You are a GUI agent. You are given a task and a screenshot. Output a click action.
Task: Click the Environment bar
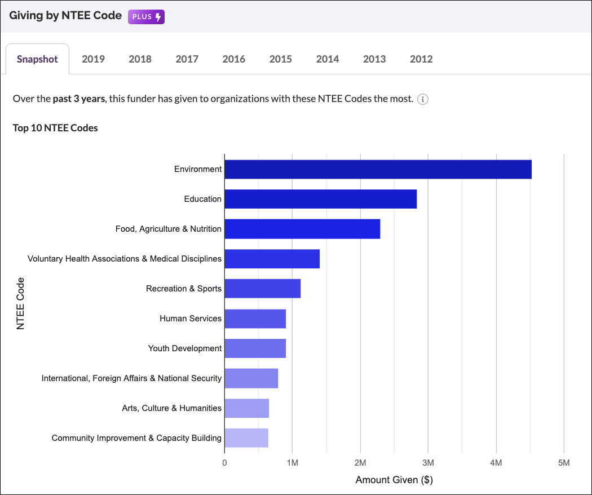378,169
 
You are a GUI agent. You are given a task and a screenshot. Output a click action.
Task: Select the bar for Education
320,199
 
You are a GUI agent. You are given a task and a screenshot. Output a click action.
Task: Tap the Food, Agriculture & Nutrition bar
302,229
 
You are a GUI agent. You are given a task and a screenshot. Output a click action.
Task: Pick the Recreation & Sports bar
262,289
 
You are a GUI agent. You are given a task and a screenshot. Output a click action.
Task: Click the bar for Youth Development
255,348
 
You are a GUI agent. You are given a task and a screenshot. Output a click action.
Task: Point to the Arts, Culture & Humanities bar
246,408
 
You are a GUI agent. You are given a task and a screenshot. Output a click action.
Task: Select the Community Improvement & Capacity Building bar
246,438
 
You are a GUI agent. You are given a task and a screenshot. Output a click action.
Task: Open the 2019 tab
93,59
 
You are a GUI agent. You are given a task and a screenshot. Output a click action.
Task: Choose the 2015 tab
280,59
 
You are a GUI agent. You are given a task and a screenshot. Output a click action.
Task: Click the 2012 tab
421,59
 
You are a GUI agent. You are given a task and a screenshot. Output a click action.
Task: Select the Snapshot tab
37,59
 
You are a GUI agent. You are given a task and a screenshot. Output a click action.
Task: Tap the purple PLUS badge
146,17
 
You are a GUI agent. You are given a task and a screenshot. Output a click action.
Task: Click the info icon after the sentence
423,100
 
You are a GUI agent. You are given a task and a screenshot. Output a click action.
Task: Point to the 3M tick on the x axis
428,463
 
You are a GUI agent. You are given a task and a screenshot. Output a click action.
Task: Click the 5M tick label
563,463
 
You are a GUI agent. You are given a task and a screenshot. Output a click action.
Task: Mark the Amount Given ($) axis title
394,480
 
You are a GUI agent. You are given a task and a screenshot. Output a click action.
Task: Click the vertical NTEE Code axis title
20,303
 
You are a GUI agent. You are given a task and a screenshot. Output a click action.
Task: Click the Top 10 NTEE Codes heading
55,128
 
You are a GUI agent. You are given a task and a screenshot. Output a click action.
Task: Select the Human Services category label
191,319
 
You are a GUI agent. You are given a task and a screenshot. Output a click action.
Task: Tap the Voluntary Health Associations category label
125,259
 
